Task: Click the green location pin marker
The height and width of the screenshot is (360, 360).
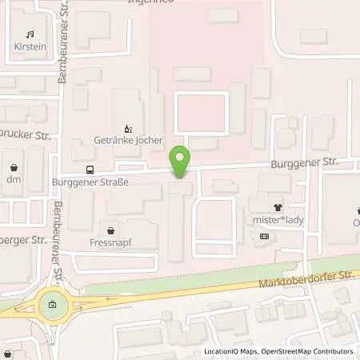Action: [181, 161]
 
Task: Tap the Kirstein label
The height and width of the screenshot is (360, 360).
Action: [30, 47]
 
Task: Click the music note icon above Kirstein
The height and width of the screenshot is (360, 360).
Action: [30, 34]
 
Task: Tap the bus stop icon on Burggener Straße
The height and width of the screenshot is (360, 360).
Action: [90, 170]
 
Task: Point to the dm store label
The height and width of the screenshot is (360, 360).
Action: [15, 181]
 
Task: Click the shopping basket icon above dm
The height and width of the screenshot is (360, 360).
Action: [15, 168]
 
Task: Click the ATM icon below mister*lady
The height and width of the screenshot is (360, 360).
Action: [264, 236]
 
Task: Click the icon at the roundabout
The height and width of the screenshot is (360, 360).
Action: [53, 305]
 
